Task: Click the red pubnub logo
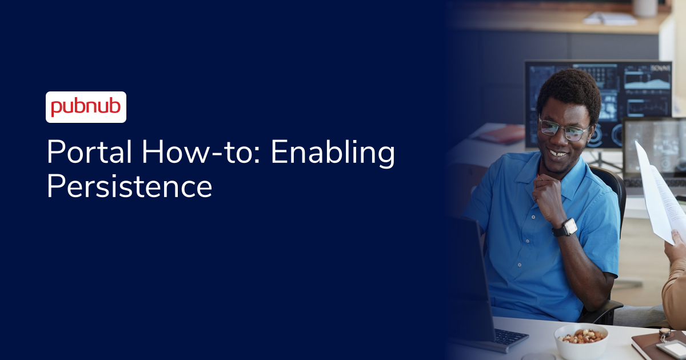86,107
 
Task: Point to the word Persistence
129,186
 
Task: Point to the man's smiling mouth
557,153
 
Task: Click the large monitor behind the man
635,91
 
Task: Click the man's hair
569,91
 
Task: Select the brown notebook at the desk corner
652,346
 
